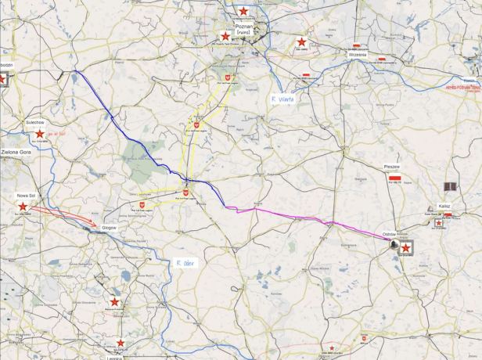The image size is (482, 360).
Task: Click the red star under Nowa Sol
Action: (x=23, y=206)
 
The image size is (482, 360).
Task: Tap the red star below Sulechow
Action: (x=39, y=134)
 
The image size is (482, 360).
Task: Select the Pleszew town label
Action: (x=393, y=167)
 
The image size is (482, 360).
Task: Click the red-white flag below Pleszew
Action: (x=395, y=178)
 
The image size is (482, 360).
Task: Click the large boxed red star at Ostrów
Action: (x=405, y=247)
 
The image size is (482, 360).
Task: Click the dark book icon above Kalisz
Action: (x=449, y=186)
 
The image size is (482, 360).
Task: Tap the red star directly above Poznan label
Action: (x=244, y=11)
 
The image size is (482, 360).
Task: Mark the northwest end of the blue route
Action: (x=75, y=72)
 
